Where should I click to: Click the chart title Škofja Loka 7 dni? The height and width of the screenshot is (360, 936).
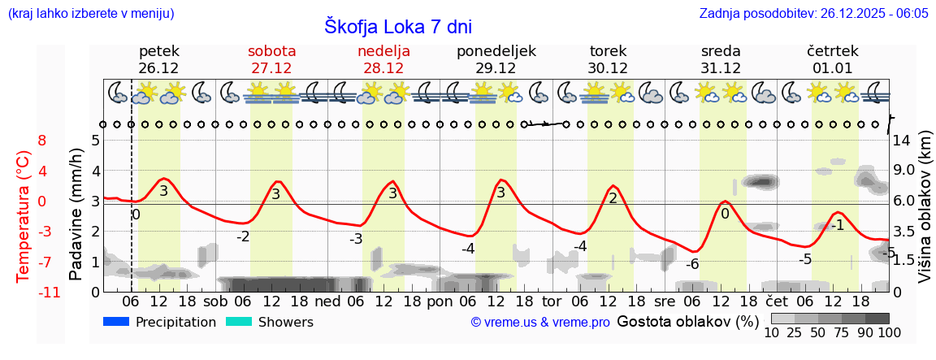[397, 26]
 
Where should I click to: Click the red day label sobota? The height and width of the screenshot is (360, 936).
[271, 51]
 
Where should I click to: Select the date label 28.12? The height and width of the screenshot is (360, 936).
[383, 68]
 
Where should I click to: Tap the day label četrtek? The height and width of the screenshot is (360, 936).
[833, 51]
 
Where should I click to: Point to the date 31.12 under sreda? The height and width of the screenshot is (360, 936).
[721, 68]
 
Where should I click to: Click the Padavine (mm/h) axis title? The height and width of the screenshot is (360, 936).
[76, 215]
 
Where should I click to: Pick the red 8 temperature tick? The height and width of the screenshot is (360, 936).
[42, 141]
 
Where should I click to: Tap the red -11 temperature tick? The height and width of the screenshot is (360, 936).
[49, 292]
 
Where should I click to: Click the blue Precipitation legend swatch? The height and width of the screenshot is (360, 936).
[117, 322]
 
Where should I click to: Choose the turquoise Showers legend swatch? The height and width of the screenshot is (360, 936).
[239, 322]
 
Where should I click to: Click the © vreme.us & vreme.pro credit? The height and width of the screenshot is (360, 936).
[540, 323]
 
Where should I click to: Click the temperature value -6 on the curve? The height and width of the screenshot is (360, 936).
[692, 264]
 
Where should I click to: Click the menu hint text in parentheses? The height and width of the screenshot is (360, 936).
[90, 14]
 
